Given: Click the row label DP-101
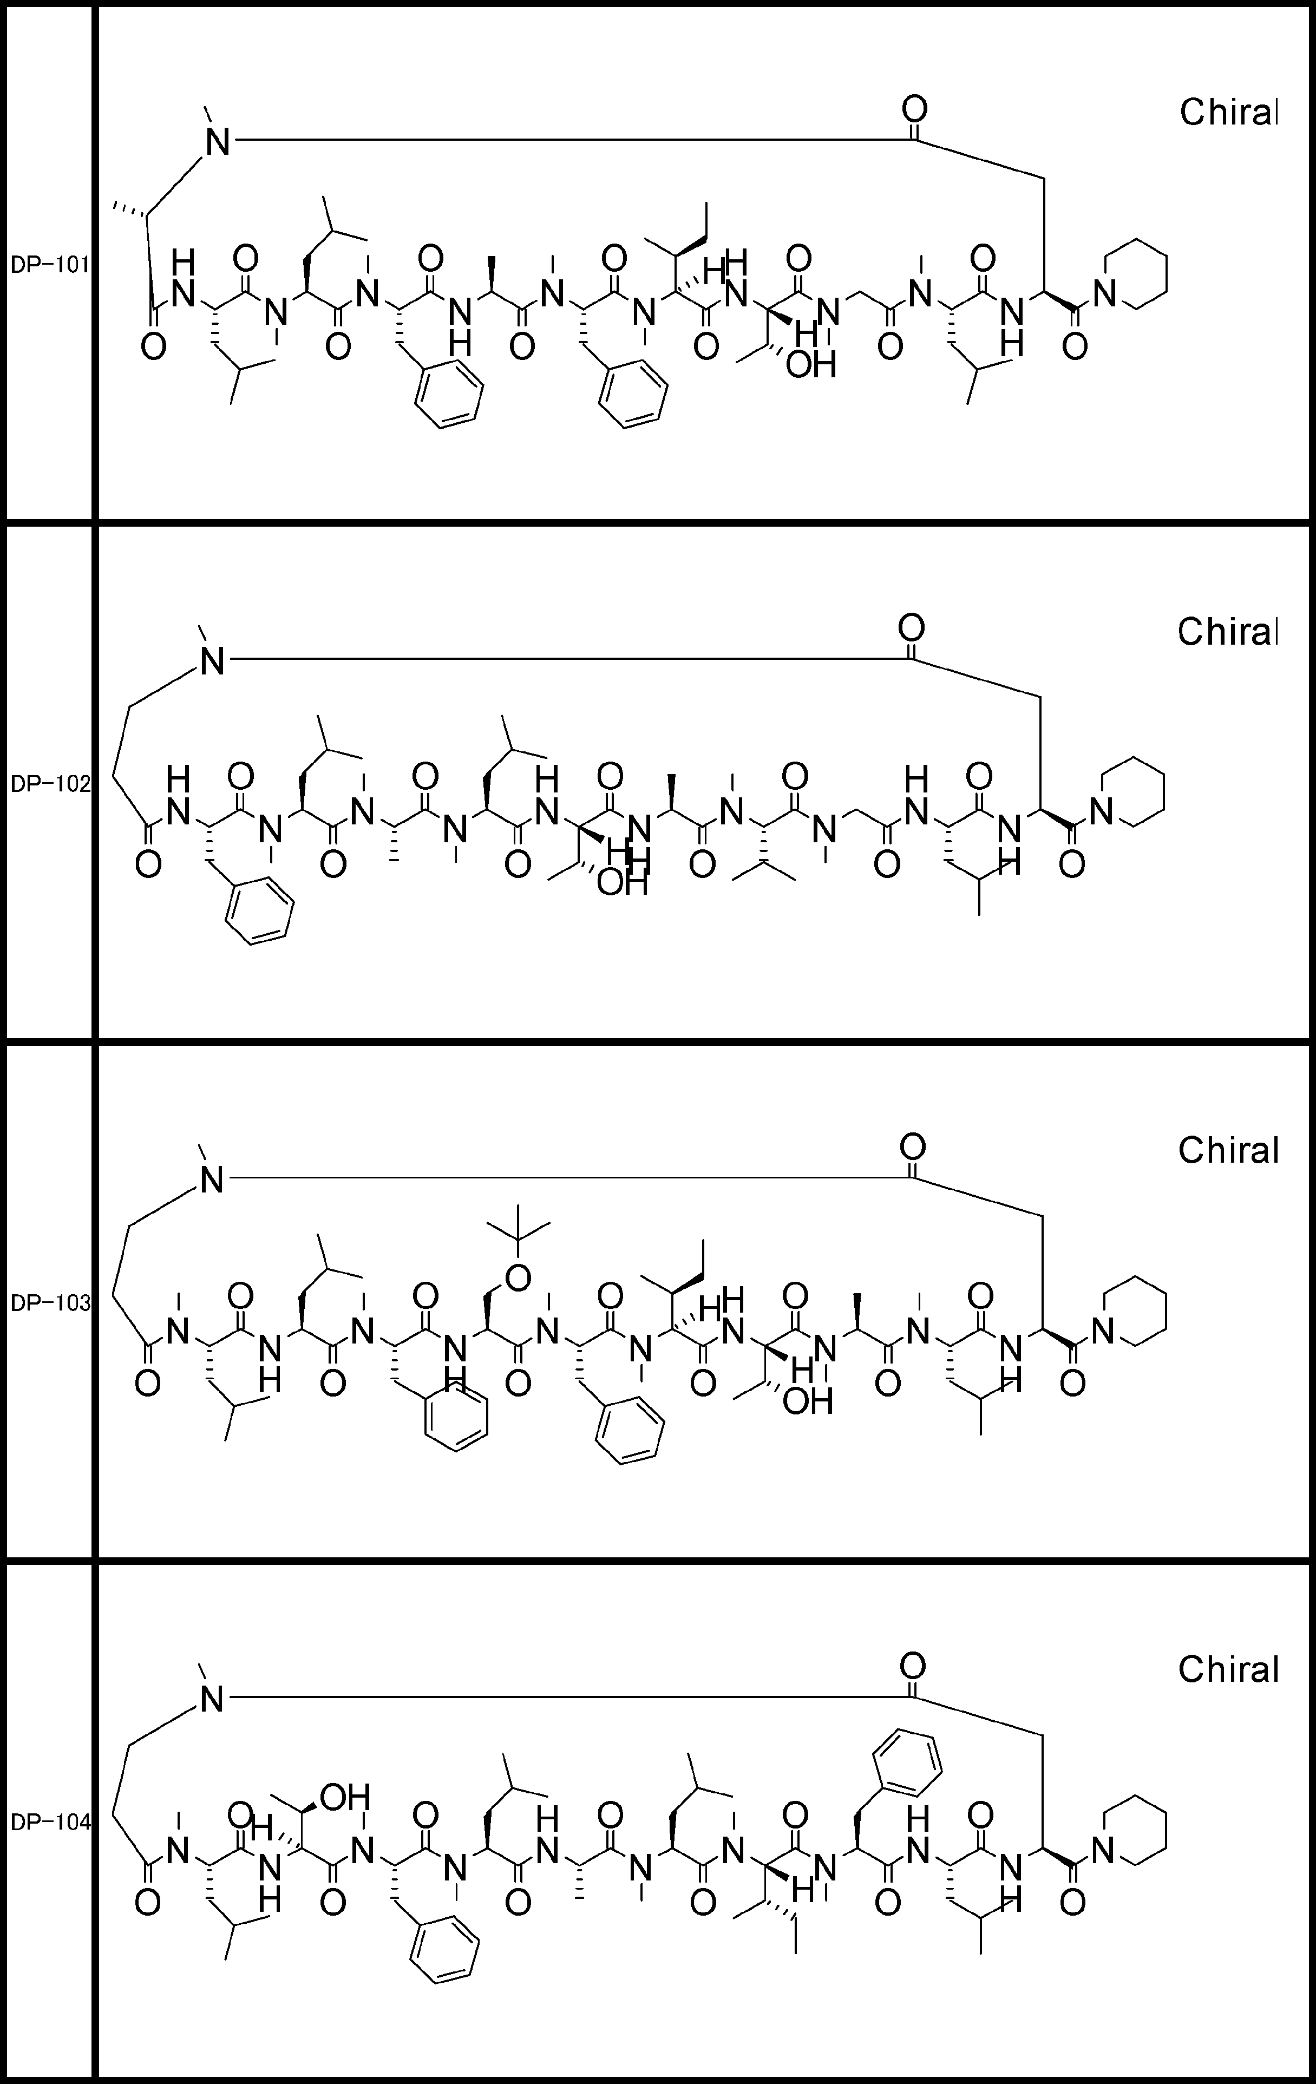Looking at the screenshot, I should [49, 265].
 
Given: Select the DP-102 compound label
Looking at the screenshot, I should [49, 784].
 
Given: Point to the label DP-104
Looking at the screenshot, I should [49, 1822].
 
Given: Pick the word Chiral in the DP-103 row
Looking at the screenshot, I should [1228, 1150].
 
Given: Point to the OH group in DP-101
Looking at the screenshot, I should [811, 365].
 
